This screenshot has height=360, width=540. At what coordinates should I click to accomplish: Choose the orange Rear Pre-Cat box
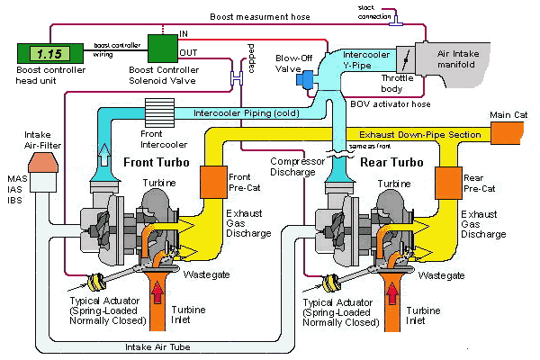(x=448, y=182)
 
